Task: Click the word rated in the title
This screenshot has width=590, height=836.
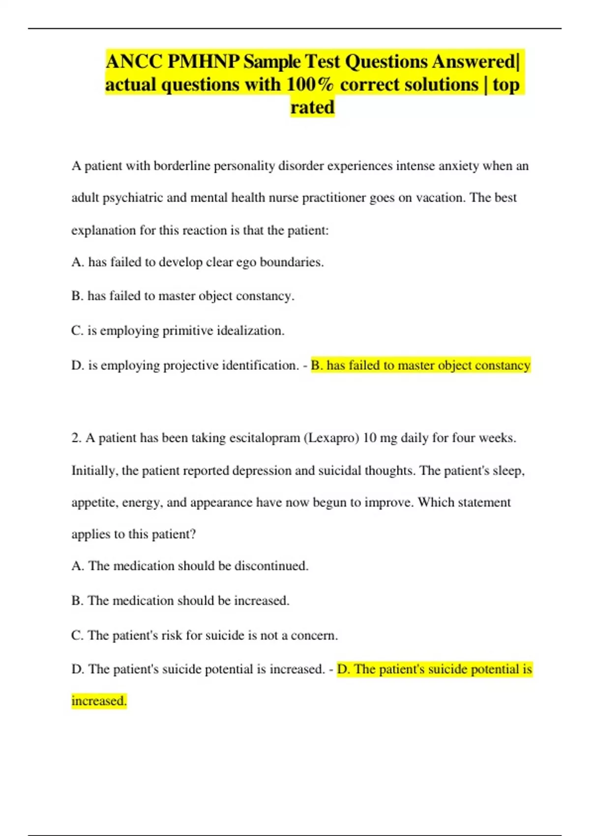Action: (x=312, y=107)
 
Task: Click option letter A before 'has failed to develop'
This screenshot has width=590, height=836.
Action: (x=77, y=262)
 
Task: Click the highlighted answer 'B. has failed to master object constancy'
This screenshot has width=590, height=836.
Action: (x=420, y=365)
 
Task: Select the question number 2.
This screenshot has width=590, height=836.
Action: (x=76, y=438)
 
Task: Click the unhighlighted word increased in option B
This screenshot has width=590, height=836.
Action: (x=261, y=600)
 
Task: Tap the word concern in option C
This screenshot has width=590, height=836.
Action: (x=314, y=635)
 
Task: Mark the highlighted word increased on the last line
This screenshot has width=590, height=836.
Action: (x=99, y=701)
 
